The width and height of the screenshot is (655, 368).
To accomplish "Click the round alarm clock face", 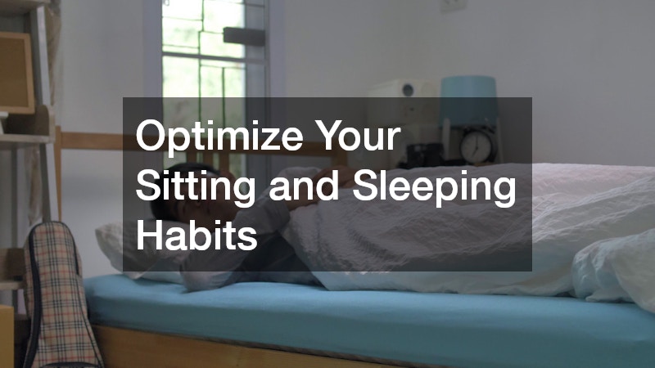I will click(476, 146).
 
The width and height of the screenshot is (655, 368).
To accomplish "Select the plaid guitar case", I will click(57, 294).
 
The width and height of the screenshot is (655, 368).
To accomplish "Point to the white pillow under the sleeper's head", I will click(115, 245).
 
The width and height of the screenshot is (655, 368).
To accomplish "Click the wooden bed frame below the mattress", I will click(246, 348).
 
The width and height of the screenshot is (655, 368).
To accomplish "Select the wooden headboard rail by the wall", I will click(90, 141).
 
